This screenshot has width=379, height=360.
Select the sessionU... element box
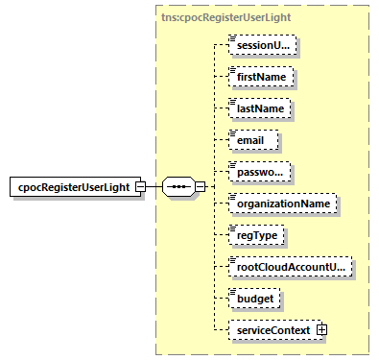click(x=262, y=44)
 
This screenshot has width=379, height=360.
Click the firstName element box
click(x=260, y=76)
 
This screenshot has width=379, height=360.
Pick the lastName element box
click(x=259, y=108)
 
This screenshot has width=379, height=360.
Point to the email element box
click(x=252, y=140)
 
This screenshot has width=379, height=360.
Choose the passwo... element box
click(x=260, y=172)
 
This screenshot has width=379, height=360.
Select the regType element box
click(x=256, y=235)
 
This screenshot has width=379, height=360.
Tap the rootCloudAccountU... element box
click(x=289, y=267)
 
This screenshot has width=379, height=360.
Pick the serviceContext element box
click(x=272, y=330)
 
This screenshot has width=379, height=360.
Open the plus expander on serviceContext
click(x=322, y=330)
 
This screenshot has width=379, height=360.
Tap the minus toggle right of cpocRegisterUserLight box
click(x=140, y=185)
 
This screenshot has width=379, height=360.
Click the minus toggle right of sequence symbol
click(x=200, y=185)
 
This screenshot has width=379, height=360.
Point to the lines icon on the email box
click(x=232, y=133)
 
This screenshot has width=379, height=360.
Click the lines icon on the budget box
click(x=232, y=292)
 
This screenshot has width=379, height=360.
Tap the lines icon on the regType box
click(x=232, y=228)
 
